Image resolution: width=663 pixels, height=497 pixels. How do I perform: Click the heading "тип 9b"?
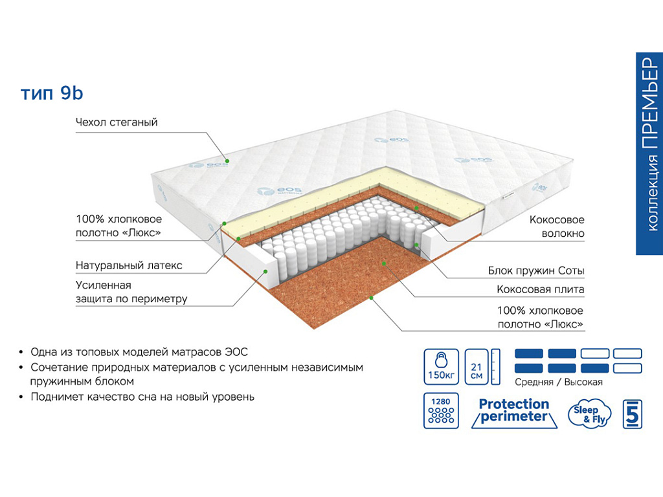coord(52,94)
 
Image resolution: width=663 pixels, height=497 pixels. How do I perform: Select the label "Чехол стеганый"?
coord(117,122)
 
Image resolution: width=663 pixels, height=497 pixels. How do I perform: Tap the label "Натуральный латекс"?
coord(129,265)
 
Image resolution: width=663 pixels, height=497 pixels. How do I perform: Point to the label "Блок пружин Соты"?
coord(536,271)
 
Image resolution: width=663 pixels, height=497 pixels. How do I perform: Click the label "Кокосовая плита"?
coord(541,289)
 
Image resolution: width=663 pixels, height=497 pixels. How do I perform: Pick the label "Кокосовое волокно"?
coord(557,226)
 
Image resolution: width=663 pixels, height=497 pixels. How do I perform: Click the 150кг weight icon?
coord(441,367)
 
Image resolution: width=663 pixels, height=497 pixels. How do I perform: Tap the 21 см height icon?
coord(477,367)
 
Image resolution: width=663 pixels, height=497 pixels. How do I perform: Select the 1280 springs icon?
coord(441,410)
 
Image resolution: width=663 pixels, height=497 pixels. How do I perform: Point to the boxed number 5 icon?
coord(633,414)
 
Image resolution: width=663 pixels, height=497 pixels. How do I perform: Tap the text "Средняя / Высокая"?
coord(559,382)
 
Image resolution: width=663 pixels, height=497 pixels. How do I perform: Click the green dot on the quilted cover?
coord(227,160)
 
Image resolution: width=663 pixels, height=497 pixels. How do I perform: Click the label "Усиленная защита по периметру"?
coord(131,292)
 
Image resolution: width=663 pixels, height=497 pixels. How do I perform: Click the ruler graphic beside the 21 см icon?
coord(497,367)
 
